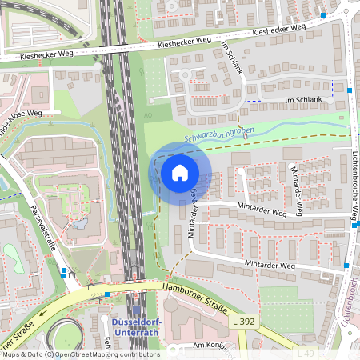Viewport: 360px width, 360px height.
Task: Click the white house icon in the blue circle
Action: coord(180,172)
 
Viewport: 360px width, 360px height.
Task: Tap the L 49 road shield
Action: coord(304,353)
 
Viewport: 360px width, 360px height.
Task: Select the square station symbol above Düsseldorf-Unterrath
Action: coord(134,310)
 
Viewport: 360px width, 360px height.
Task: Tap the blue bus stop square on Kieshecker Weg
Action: coord(323,14)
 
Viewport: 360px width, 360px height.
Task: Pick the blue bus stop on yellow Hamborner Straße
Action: coord(107,294)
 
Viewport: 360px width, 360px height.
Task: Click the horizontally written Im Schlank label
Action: coord(303,99)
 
